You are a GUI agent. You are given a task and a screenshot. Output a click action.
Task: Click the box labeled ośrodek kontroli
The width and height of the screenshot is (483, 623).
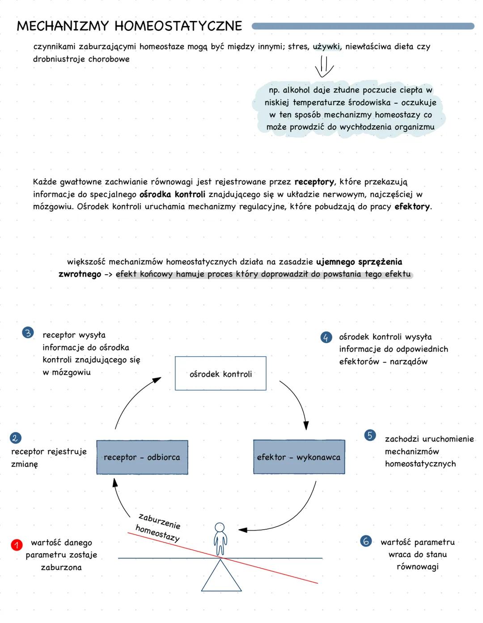pos(220,374)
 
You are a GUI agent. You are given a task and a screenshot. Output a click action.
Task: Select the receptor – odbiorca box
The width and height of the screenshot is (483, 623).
pos(142,457)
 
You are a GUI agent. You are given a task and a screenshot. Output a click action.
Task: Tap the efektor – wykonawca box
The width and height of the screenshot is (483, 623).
pos(299,457)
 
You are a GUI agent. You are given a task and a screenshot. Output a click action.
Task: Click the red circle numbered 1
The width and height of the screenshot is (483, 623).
pos(17,544)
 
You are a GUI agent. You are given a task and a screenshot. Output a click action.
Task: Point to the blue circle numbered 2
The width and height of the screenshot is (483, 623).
pos(15,438)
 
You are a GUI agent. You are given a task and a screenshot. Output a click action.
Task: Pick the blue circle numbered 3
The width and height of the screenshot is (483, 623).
pos(28,333)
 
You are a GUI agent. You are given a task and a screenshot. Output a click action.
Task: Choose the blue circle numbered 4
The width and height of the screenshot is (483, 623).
pos(326,337)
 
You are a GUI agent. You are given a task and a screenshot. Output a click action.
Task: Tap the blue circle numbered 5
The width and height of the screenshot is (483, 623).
pos(370,435)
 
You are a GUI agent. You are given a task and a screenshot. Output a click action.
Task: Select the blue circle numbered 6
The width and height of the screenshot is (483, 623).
pos(366,541)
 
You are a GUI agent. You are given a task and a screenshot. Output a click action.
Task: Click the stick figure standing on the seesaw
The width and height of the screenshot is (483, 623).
pos(220,539)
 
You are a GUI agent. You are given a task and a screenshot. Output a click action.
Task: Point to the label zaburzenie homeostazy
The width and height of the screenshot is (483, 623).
pos(159,527)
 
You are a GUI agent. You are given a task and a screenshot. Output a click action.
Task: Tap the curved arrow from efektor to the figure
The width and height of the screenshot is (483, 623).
pos(291,518)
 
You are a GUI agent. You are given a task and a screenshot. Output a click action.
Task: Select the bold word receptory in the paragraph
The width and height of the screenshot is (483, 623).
pos(314,182)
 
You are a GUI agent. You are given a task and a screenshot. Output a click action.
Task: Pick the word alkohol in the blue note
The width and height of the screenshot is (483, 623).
pos(296,90)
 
